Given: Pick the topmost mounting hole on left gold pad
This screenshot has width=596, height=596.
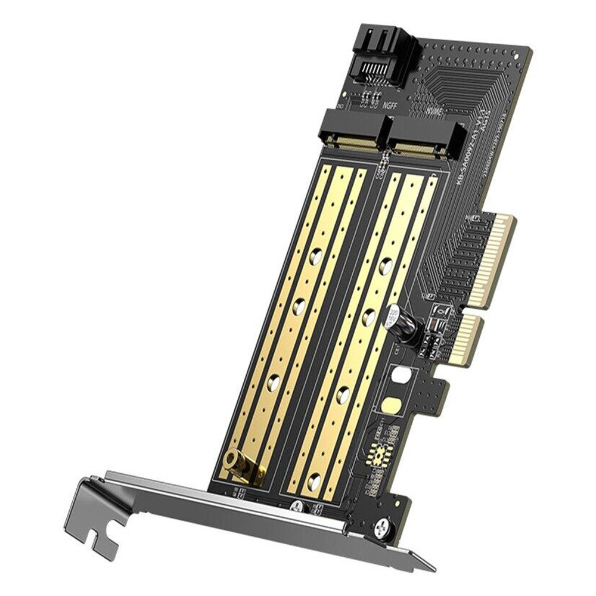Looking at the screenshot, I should [316, 257].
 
